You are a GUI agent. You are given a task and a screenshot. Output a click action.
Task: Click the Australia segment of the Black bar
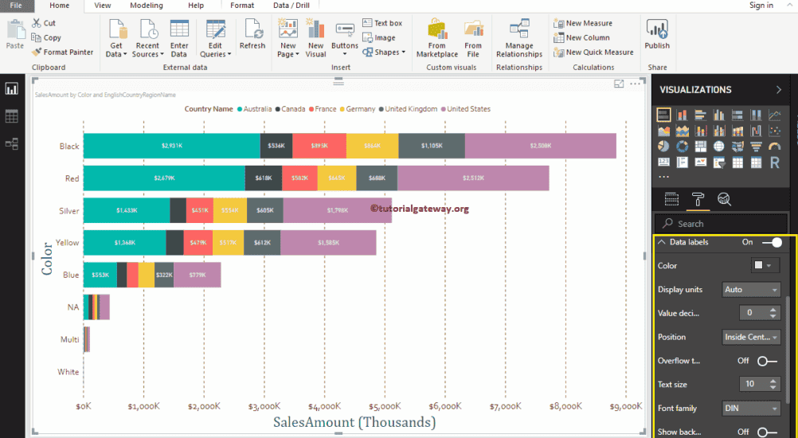[171, 146]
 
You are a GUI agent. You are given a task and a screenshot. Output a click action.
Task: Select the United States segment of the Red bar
[472, 178]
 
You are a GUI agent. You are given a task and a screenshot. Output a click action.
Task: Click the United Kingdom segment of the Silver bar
[264, 209]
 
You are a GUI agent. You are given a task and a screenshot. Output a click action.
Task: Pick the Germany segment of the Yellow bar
[227, 242]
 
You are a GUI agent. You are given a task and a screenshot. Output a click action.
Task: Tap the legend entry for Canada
[292, 109]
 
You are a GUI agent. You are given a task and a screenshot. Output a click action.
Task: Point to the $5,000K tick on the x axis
[385, 406]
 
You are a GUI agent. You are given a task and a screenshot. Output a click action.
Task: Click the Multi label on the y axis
[70, 339]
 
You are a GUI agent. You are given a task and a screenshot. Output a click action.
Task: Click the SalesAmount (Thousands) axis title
[354, 422]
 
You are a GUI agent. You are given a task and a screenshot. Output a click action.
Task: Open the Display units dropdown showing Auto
[751, 290]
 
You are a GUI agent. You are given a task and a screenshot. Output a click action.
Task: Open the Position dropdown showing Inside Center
[751, 337]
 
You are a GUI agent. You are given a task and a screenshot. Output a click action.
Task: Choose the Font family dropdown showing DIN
[751, 409]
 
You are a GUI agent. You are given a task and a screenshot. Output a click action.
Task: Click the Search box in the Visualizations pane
[721, 224]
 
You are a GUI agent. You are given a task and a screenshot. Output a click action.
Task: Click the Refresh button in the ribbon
[252, 36]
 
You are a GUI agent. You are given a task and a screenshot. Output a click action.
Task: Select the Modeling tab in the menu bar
[146, 6]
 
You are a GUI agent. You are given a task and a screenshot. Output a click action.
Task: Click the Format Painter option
[63, 52]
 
